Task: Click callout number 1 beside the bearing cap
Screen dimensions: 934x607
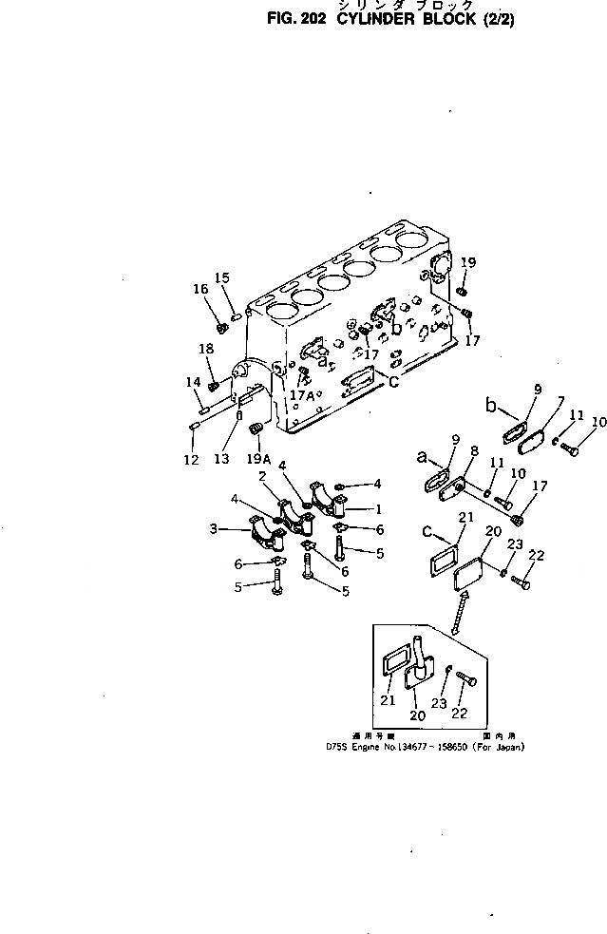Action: (377, 509)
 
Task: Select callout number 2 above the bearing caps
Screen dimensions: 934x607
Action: (261, 475)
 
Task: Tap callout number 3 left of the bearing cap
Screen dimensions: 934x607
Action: (215, 528)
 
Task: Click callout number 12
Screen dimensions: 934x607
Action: (191, 460)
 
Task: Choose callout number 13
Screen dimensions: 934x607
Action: (221, 460)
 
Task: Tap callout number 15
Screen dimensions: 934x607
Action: (222, 277)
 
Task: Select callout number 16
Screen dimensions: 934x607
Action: (200, 290)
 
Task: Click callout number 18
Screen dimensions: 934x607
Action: (207, 350)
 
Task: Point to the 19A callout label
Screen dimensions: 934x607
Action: (257, 459)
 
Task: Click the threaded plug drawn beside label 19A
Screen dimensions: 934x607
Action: (255, 433)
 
